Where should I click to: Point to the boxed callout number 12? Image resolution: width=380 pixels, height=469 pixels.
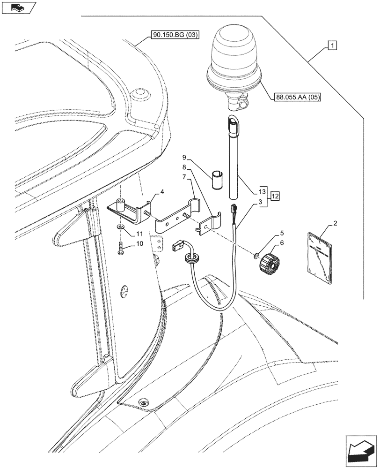[275, 196]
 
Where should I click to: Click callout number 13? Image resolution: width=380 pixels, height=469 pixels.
[262, 192]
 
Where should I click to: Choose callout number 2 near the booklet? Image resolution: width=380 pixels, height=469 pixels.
[335, 224]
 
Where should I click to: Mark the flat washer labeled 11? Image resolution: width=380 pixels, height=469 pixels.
[120, 227]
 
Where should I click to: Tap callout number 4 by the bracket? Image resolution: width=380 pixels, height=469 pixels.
[161, 192]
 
